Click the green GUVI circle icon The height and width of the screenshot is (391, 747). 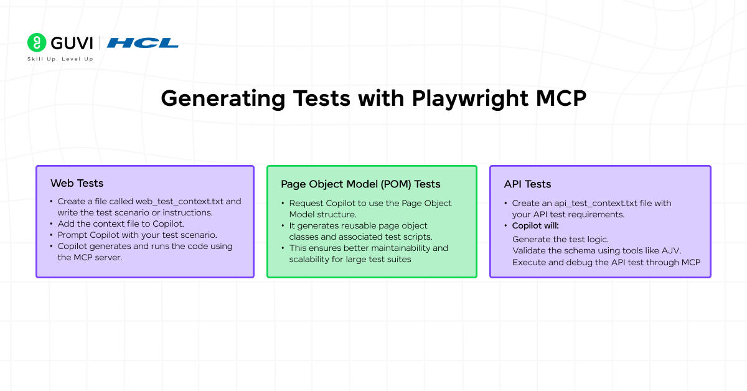(37, 42)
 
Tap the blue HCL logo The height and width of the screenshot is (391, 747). (143, 43)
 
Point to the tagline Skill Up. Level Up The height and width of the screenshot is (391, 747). (60, 59)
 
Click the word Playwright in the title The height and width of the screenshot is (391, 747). (470, 99)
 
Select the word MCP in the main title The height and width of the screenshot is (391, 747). (561, 98)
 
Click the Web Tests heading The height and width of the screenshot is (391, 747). (77, 183)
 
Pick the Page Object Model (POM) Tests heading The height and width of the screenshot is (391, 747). (360, 184)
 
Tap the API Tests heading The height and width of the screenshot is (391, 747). (527, 184)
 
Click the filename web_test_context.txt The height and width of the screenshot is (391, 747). (179, 202)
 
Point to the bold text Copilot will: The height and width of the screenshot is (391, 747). (535, 225)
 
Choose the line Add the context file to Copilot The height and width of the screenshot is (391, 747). (121, 224)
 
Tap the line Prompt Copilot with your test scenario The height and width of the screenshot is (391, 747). (138, 235)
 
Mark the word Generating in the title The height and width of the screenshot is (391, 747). (223, 99)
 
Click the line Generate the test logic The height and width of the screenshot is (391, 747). (560, 240)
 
